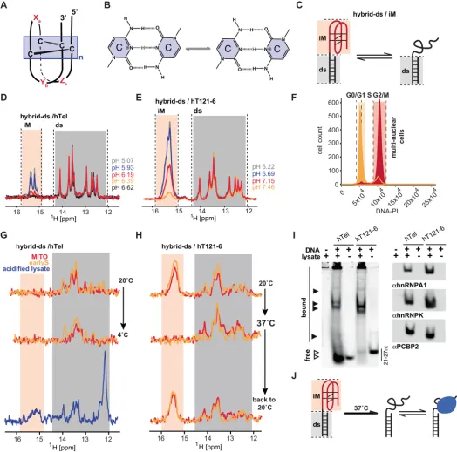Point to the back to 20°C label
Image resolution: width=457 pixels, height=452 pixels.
tap(281, 400)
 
